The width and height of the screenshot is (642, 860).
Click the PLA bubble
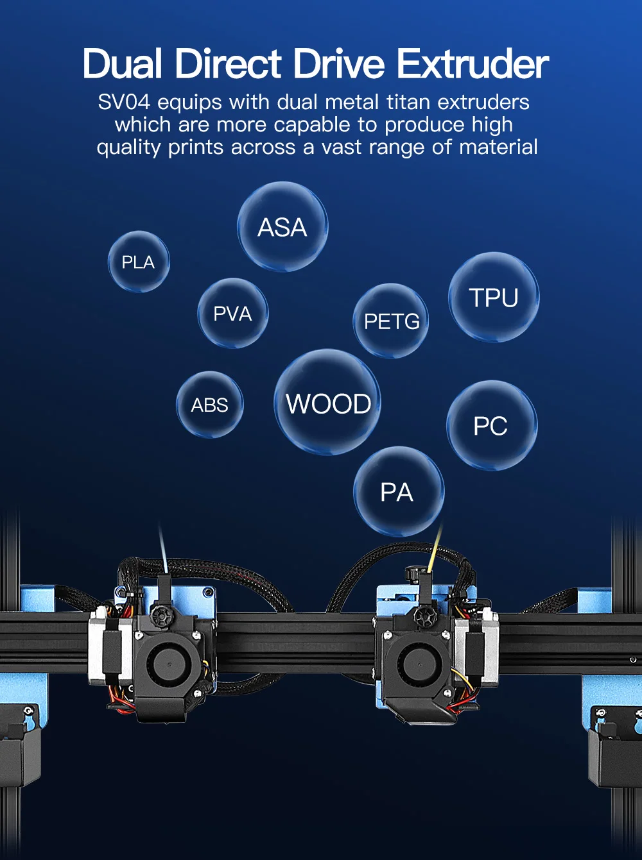tap(139, 262)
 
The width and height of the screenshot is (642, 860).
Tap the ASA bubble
tap(282, 227)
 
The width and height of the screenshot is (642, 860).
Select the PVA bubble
tap(232, 314)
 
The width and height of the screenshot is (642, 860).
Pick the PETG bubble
tap(391, 321)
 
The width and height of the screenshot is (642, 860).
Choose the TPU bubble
tap(494, 298)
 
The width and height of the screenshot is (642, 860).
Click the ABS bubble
tap(210, 405)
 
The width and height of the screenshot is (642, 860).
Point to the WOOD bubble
tap(327, 403)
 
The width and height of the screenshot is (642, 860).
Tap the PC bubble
tap(491, 426)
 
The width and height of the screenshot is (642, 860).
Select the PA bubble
tap(398, 492)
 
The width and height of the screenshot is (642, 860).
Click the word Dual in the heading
tap(122, 64)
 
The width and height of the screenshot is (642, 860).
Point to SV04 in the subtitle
tap(124, 102)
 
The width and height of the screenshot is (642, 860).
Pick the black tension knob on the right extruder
tap(424, 617)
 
